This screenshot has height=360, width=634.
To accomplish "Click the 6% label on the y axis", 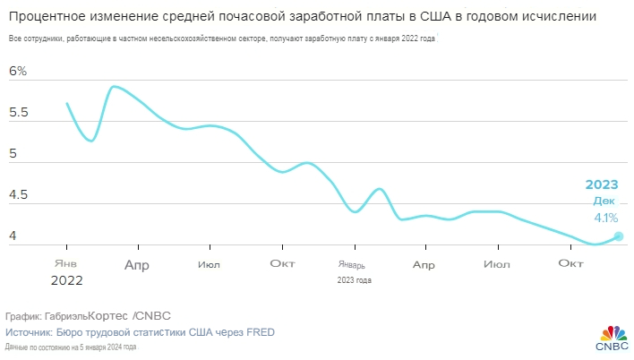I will (18, 72).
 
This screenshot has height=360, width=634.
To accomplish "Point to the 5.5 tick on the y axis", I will (18, 114).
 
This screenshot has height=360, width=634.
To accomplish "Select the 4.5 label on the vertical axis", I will (18, 195).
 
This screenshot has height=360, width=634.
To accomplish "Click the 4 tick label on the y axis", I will (13, 236).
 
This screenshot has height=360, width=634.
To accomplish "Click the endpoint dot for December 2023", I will (619, 236).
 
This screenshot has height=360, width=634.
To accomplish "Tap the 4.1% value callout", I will (605, 217).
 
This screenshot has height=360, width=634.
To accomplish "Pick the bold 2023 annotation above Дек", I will (602, 184).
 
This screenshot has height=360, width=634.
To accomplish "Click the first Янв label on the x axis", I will (65, 263).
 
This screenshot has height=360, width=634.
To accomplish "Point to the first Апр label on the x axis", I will (137, 264).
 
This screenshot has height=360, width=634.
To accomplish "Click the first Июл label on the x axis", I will (210, 264).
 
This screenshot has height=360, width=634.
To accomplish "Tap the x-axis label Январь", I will (352, 264).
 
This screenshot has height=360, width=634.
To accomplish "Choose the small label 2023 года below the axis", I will (354, 279).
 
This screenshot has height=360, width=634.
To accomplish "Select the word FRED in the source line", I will (260, 332).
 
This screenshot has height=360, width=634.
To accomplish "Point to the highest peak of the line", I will (114, 86).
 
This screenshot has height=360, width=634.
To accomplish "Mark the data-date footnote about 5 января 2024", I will (70, 347).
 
